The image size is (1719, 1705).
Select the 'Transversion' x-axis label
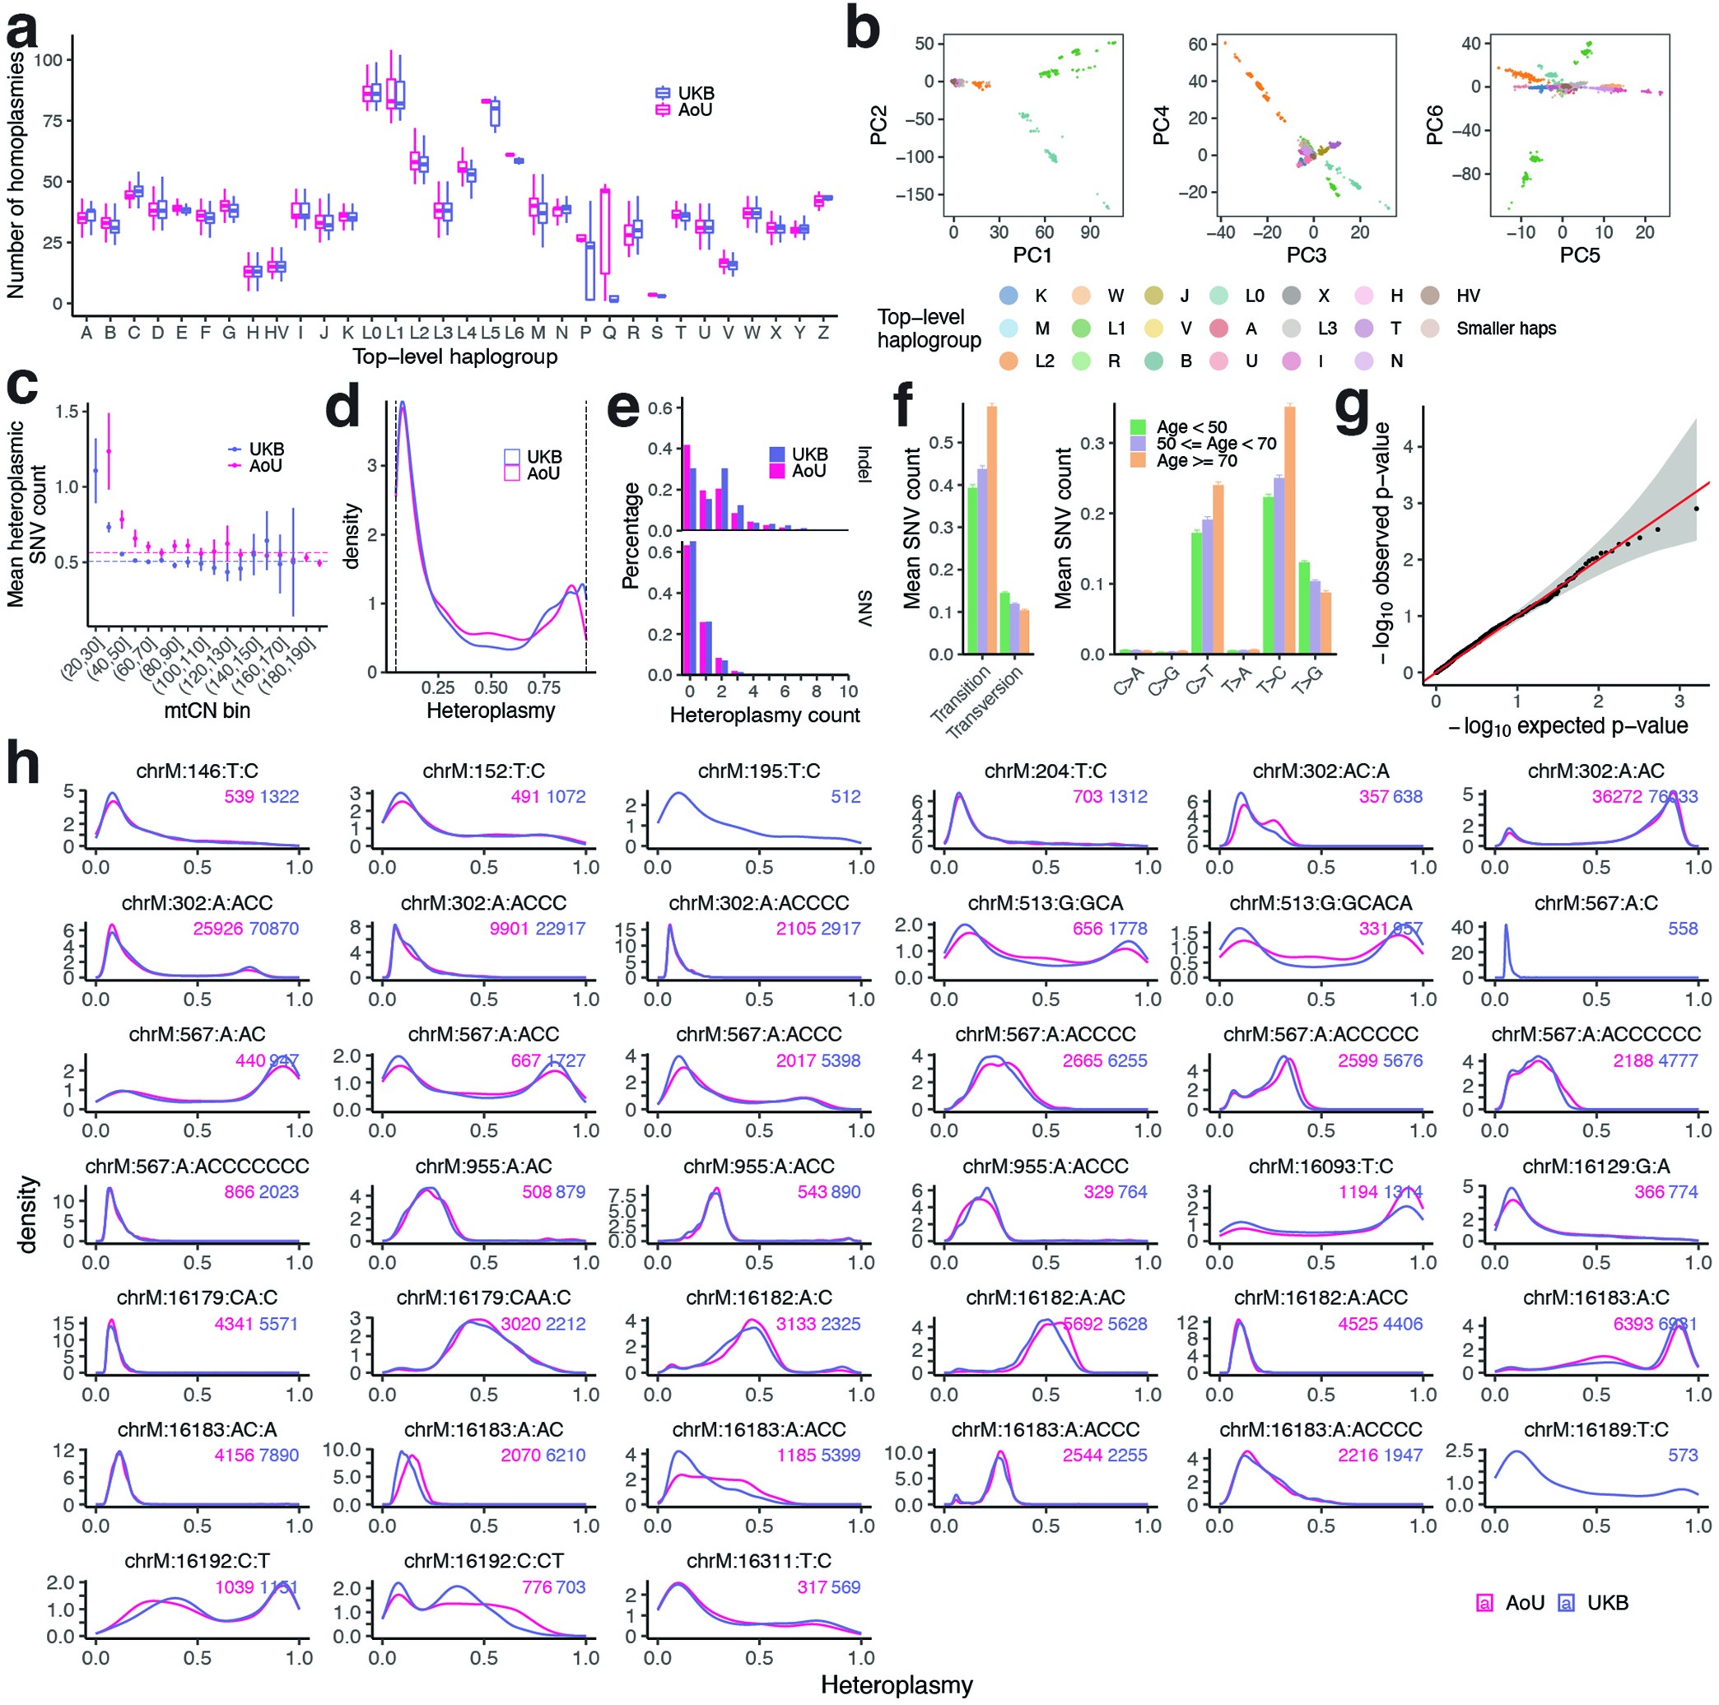point(985,702)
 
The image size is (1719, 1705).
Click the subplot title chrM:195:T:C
point(758,771)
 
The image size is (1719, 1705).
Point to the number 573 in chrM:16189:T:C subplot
point(1683,1455)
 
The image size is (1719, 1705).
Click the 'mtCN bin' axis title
point(207,710)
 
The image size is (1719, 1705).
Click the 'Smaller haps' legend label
point(1506,328)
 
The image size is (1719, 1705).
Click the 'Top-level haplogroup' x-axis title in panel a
point(454,356)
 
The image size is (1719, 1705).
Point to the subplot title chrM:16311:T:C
point(758,1561)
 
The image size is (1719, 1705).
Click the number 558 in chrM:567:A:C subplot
point(1683,928)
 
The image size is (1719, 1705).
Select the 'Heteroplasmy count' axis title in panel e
point(764,715)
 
